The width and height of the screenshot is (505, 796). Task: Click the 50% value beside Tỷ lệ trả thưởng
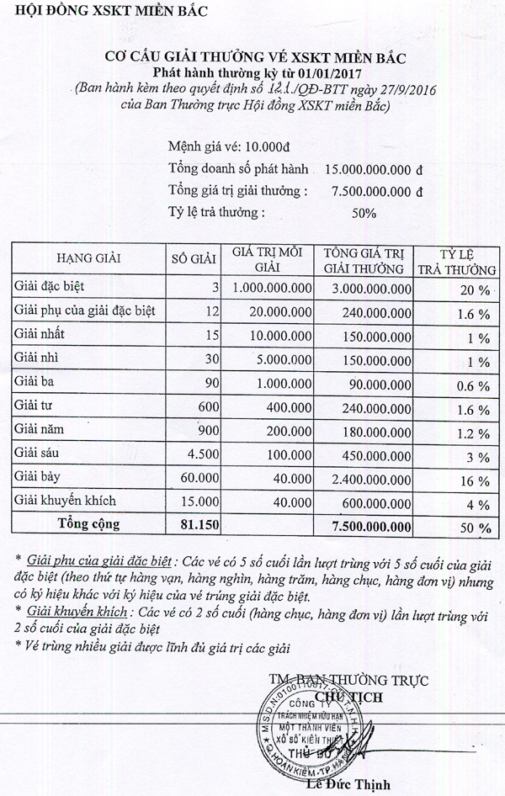pyautogui.click(x=364, y=213)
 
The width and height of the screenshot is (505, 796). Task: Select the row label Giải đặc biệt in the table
pyautogui.click(x=56, y=288)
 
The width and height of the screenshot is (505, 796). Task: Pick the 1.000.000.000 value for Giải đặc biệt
pyautogui.click(x=266, y=289)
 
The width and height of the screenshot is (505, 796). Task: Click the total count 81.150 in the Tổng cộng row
pyautogui.click(x=196, y=526)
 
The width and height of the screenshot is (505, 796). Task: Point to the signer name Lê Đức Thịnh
pyautogui.click(x=355, y=785)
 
